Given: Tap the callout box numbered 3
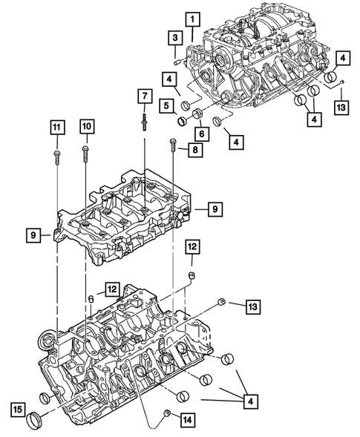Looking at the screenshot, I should tap(175, 39).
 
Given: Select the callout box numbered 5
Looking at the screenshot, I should tap(168, 105).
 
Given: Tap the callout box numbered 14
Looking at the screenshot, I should tap(188, 419).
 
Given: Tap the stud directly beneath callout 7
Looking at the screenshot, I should tap(144, 118).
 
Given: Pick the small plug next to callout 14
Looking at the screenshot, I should tap(168, 412).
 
